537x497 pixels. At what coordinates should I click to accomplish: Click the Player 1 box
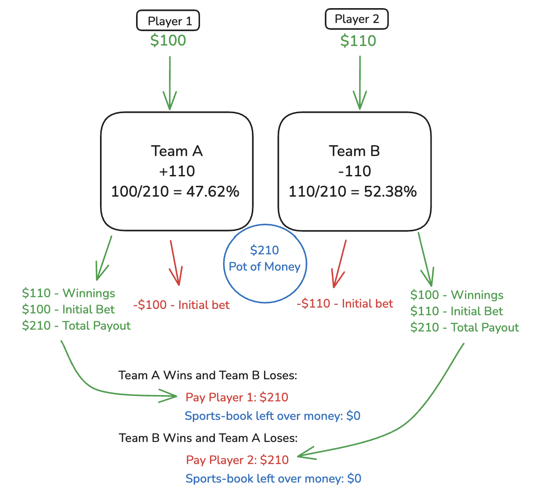click(168, 21)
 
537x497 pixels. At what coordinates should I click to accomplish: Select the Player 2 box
click(356, 19)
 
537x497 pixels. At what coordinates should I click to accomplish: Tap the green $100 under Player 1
click(168, 41)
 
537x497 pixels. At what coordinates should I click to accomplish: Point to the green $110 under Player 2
click(358, 41)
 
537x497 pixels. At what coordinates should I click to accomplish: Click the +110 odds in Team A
click(177, 171)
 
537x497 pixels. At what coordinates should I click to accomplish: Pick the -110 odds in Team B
click(355, 171)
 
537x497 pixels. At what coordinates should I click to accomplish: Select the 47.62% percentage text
click(213, 192)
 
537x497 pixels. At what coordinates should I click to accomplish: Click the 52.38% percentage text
click(391, 192)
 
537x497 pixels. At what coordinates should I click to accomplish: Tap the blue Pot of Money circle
click(265, 263)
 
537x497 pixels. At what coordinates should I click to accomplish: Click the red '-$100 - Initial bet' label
click(181, 305)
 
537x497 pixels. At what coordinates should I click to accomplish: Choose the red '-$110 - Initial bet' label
click(345, 304)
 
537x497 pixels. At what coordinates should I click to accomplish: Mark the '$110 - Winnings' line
click(68, 293)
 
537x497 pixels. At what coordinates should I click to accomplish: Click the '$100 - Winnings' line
click(457, 295)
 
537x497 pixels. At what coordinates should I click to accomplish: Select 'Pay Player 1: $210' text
click(237, 397)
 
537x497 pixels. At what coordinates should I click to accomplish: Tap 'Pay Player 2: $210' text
click(237, 460)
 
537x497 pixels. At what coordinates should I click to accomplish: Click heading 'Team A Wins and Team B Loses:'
click(208, 375)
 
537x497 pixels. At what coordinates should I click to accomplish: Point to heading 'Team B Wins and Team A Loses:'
click(208, 438)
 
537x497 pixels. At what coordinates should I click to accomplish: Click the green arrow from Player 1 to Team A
click(170, 83)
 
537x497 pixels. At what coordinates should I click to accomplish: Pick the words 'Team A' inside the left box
click(177, 151)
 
